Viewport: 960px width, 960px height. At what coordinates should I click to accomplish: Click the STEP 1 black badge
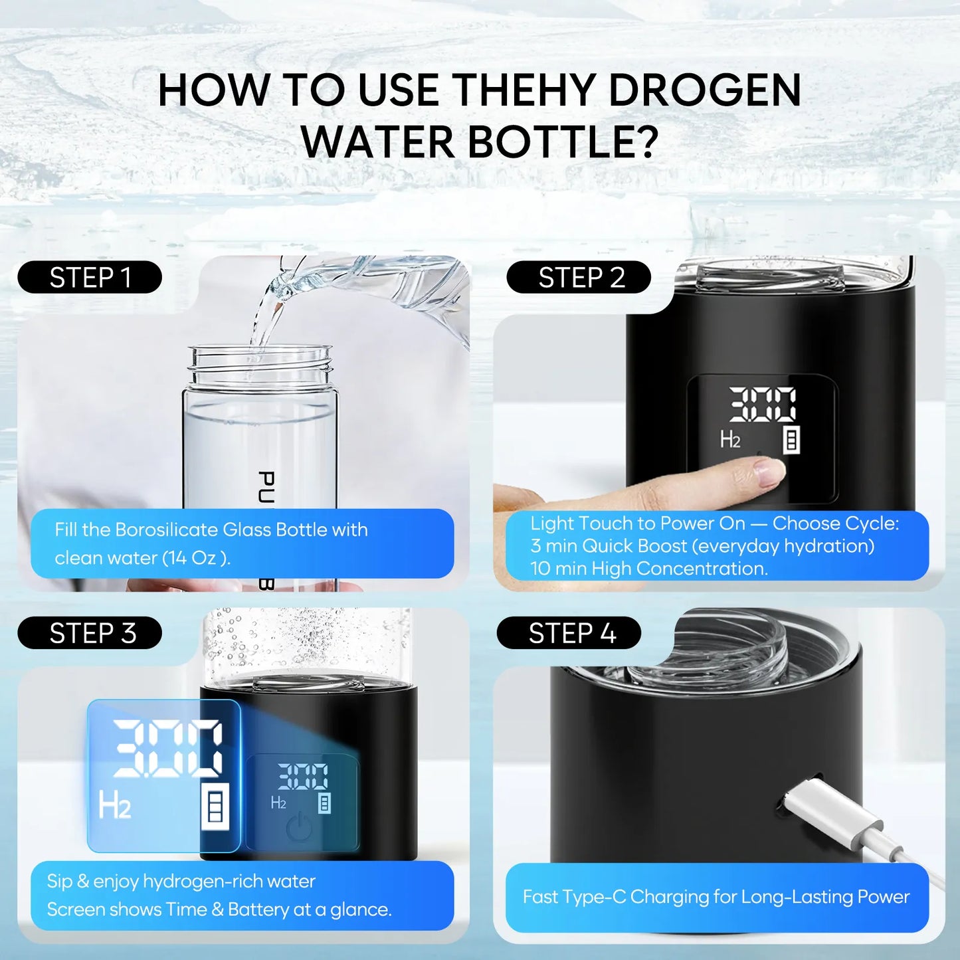tap(90, 278)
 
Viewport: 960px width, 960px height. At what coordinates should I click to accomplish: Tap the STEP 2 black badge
tap(579, 278)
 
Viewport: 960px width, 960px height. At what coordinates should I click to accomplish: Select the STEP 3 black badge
tap(90, 633)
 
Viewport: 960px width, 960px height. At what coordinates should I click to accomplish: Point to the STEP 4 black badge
tap(569, 633)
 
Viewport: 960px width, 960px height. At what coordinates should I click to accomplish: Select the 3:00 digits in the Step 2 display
tap(763, 404)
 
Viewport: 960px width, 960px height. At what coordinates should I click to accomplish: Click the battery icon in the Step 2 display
tap(791, 440)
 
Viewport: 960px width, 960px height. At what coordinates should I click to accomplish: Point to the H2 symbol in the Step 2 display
tap(730, 440)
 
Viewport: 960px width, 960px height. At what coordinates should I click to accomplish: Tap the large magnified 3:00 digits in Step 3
tap(167, 749)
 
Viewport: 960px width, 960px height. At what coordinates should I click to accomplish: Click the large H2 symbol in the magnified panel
tap(114, 805)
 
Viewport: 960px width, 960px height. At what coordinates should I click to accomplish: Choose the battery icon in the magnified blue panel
tap(215, 806)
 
